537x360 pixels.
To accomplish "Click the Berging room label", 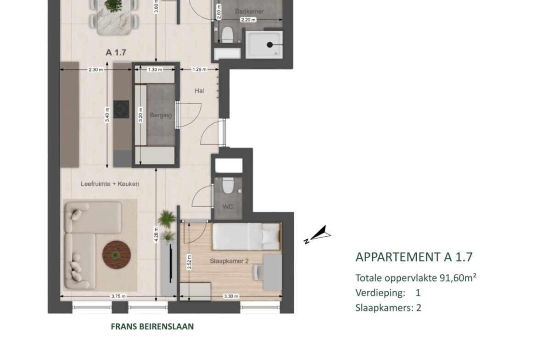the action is click(161, 115).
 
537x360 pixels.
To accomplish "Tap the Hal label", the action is click(199, 91).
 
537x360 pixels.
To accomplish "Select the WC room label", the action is click(228, 206).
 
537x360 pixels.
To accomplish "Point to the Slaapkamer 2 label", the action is click(229, 261).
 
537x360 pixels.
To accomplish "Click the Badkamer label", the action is click(249, 11).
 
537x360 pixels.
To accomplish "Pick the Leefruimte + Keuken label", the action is click(110, 184).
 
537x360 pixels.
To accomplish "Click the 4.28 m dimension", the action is click(156, 235).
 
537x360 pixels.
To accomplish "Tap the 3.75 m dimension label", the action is click(118, 296).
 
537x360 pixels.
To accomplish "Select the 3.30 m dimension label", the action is click(231, 296).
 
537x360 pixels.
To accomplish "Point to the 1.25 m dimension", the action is click(199, 69).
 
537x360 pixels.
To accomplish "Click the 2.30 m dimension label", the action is click(95, 69).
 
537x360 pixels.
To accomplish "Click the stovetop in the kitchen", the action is click(122, 110).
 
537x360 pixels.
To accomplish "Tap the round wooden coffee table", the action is click(117, 255).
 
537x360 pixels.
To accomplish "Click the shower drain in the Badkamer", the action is click(270, 44).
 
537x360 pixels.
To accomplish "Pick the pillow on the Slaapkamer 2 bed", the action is click(271, 237).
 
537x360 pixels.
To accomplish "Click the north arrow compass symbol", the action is click(318, 235).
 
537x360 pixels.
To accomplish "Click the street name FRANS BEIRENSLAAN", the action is click(152, 327).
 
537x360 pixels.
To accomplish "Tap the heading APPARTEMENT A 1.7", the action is click(414, 257).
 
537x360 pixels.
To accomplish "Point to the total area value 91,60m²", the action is click(458, 277).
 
